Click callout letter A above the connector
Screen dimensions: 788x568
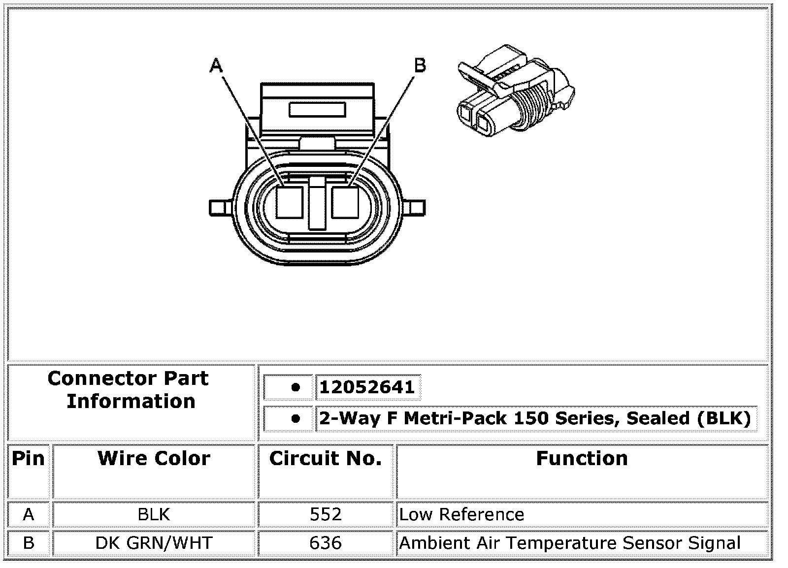(216, 65)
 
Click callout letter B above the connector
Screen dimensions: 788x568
(420, 65)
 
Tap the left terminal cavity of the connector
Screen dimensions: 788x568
(290, 202)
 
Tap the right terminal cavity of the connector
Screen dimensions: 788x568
(345, 202)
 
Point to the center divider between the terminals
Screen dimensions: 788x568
(317, 203)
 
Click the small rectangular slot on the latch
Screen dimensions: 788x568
(317, 110)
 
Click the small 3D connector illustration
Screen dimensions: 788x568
(516, 91)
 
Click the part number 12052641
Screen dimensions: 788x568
(367, 387)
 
